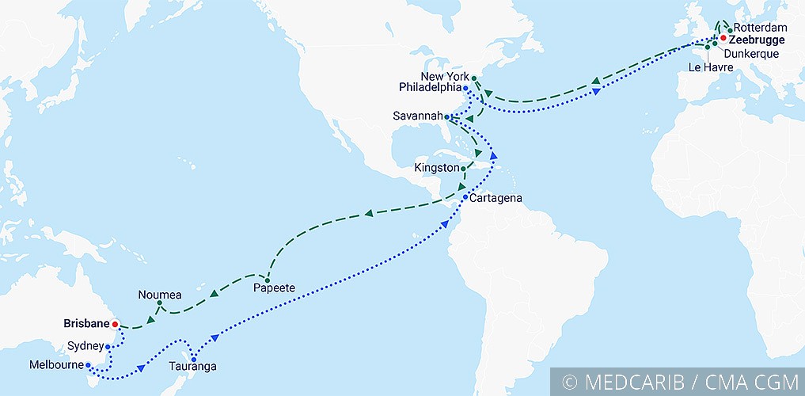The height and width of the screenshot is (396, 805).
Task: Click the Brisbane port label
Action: [x=86, y=323]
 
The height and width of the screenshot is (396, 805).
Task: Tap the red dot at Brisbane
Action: [x=115, y=324]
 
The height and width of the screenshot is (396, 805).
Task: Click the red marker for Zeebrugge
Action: [x=722, y=37]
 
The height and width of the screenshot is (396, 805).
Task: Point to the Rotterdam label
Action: [x=760, y=28]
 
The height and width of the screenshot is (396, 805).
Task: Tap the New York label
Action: [x=446, y=76]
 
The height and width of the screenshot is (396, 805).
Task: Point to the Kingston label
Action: [x=436, y=168]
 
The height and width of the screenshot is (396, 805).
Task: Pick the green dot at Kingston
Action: [x=463, y=169]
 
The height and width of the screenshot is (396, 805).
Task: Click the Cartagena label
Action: [x=496, y=197]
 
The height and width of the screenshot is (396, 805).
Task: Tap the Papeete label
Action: [x=273, y=288]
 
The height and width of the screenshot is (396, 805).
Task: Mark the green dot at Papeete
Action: [x=268, y=280]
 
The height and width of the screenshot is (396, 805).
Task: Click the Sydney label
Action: [x=85, y=346]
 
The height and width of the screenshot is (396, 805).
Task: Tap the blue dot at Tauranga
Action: [x=194, y=360]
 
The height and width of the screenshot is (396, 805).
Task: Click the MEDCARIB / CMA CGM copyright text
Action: [x=680, y=382]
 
